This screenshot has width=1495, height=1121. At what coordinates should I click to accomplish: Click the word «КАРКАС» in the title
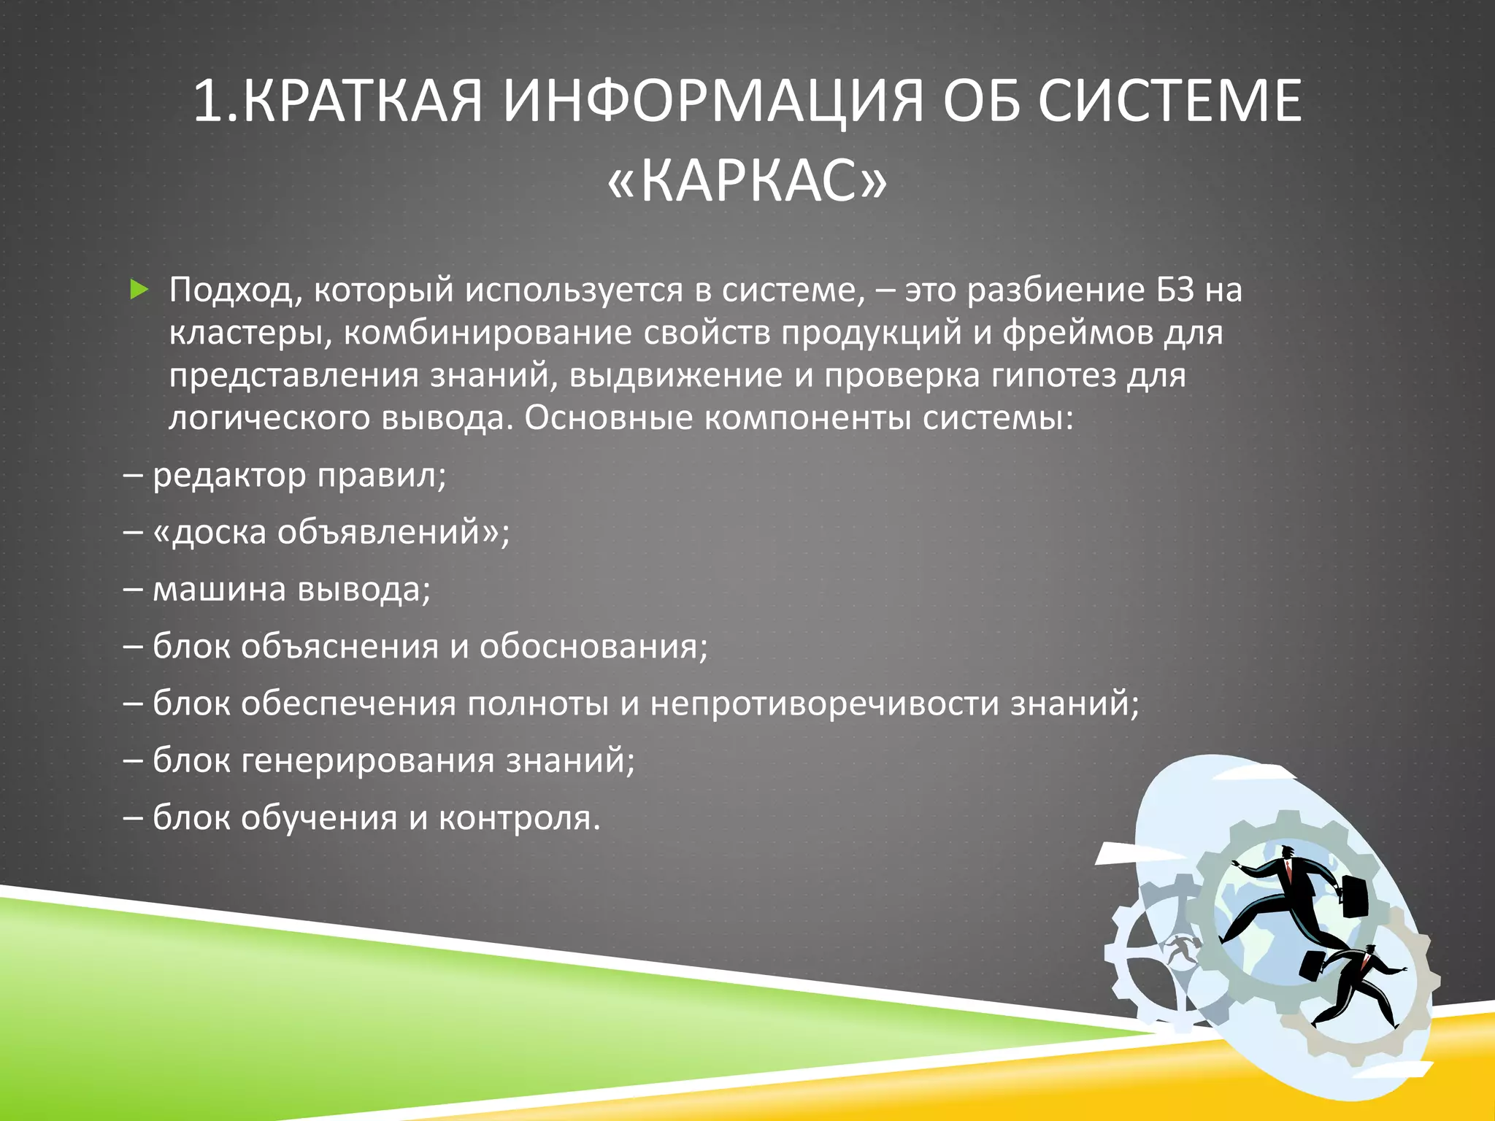pos(747,180)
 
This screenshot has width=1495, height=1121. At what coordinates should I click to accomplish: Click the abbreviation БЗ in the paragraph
pos(1175,290)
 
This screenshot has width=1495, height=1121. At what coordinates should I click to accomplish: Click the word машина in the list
pos(220,590)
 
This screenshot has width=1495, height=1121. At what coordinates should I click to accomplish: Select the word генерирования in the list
pos(368,760)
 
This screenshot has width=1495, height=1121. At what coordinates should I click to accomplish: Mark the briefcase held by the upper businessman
pos(1355,897)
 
